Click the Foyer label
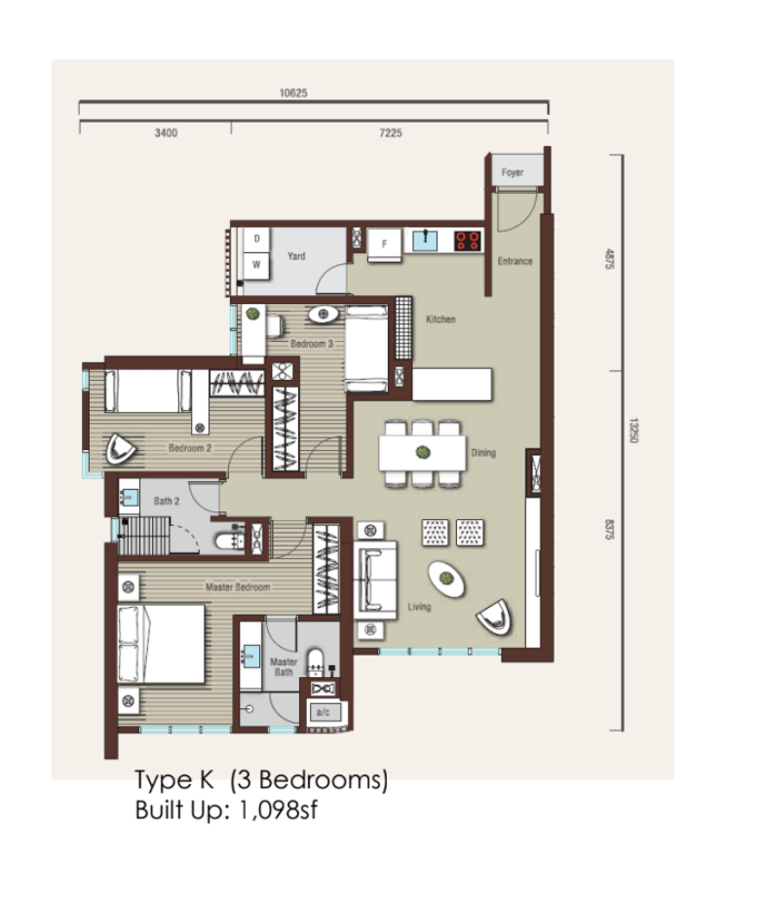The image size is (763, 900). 513,172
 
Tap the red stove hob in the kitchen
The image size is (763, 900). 467,242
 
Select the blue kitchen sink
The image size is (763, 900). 425,241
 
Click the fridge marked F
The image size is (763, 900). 384,244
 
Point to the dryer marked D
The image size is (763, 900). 256,239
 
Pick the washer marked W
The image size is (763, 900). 256,265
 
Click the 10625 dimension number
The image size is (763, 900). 293,93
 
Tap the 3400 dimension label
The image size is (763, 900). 166,133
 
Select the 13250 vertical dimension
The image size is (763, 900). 633,431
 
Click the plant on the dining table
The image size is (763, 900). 423,452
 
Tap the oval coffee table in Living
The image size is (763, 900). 446,579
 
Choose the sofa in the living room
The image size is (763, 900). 375,580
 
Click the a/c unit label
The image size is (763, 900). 324,712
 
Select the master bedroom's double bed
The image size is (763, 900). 162,644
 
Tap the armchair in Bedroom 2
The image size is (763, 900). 121,449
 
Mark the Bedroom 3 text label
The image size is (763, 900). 312,344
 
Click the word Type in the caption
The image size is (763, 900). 163,780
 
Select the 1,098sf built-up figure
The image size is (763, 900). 278,809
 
